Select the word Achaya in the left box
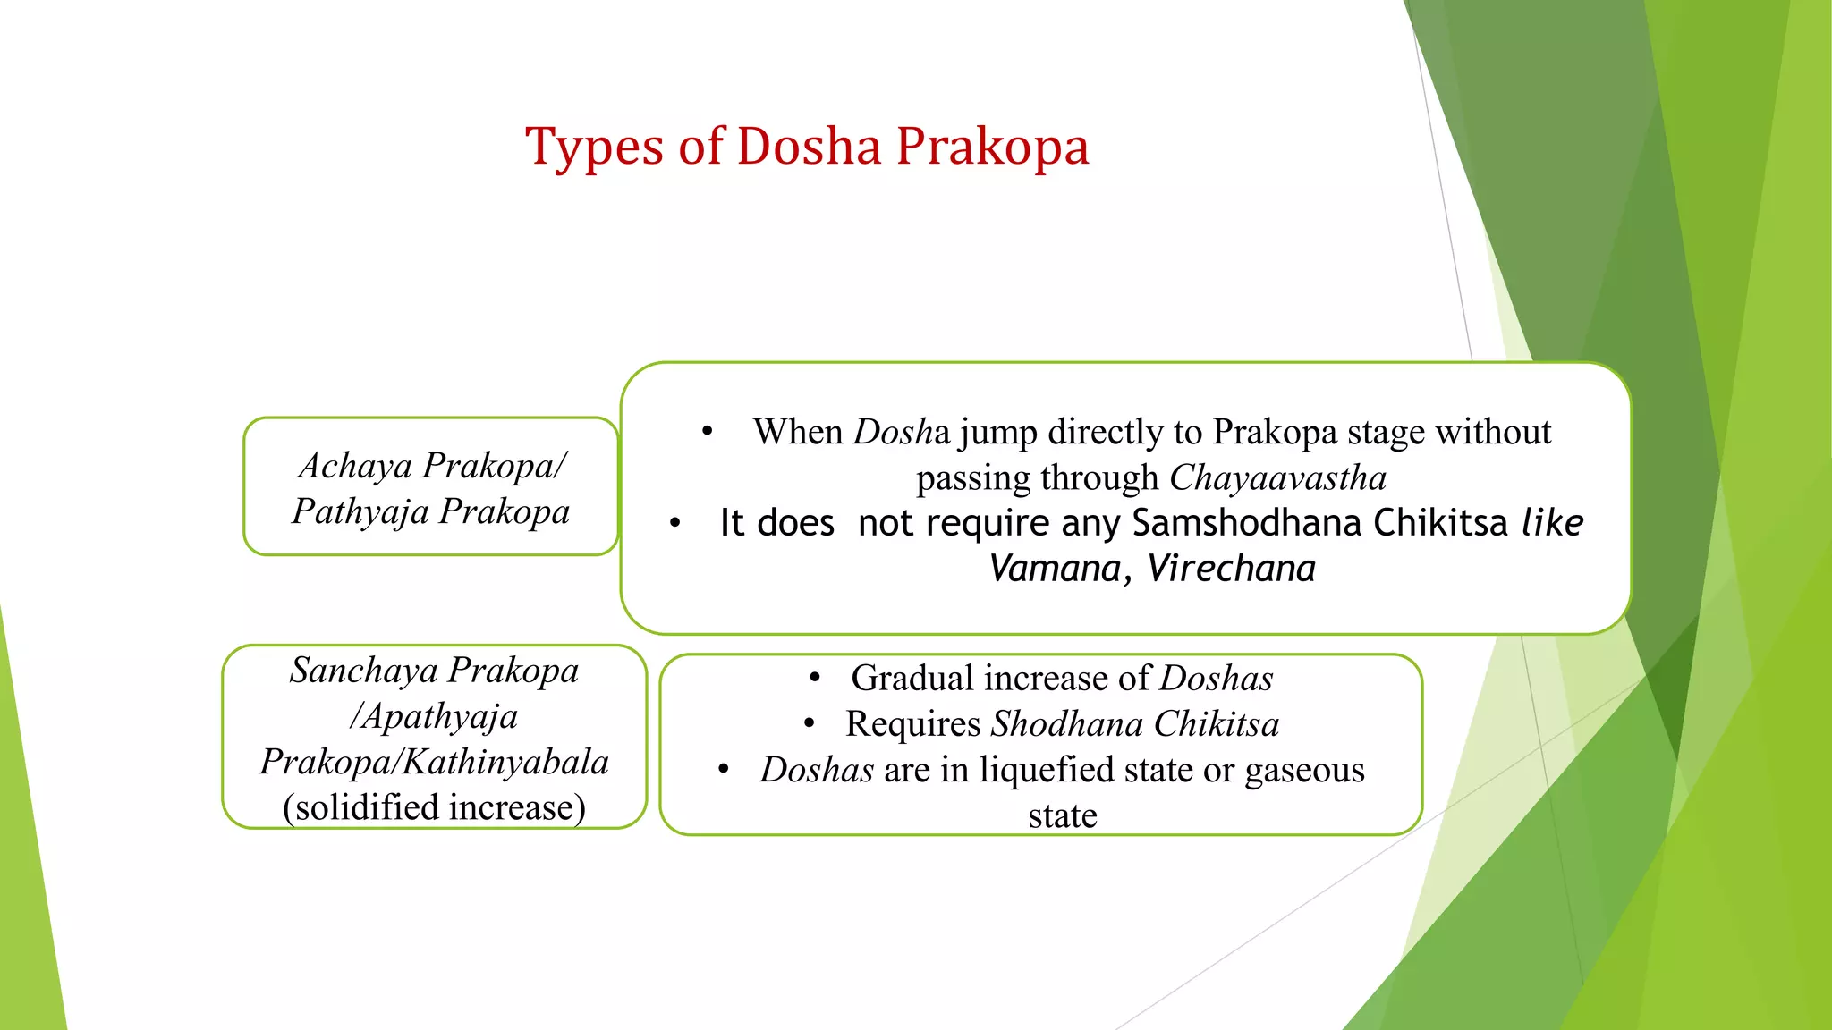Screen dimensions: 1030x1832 click(x=355, y=466)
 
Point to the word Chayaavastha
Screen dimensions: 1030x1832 click(x=1277, y=477)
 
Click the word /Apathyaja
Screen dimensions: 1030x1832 click(x=434, y=716)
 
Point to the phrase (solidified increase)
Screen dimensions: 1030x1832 click(x=434, y=807)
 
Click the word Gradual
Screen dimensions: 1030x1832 click(x=912, y=679)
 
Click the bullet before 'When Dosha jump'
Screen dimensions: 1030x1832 click(x=707, y=432)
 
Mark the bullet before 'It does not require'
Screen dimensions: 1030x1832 click(x=675, y=523)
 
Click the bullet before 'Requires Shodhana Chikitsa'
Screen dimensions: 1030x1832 click(x=809, y=724)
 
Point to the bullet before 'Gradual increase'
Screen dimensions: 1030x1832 click(x=814, y=679)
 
